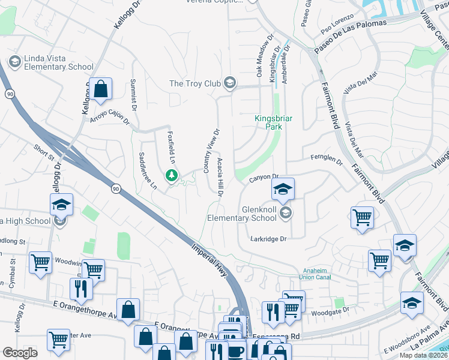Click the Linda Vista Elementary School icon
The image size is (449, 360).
pyautogui.click(x=14, y=62)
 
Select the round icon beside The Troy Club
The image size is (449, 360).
pyautogui.click(x=229, y=83)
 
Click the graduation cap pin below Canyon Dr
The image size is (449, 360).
pyautogui.click(x=283, y=190)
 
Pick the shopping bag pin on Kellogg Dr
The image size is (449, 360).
pyautogui.click(x=101, y=89)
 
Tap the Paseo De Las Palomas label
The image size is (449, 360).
pyautogui.click(x=342, y=40)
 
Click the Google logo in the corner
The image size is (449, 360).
pyautogui.click(x=20, y=352)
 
